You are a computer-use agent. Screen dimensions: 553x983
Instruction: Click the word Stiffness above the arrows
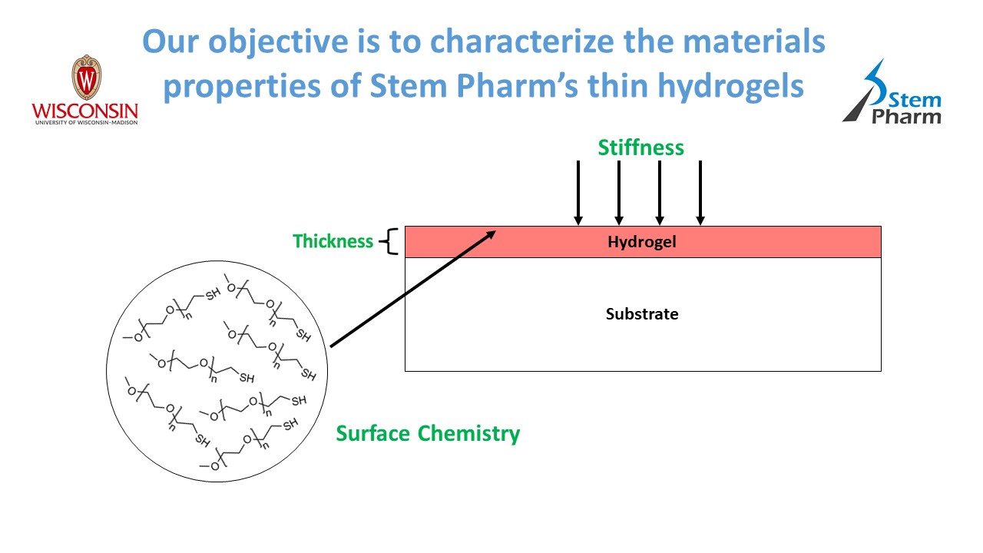pos(640,147)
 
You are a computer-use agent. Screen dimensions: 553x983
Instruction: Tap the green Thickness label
pos(333,241)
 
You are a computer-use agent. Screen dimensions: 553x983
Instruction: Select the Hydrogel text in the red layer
pos(641,242)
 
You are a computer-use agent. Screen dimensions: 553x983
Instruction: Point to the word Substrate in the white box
pos(642,313)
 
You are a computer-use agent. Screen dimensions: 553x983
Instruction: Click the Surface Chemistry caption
pos(428,433)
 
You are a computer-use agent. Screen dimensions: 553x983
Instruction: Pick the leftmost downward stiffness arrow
pos(578,192)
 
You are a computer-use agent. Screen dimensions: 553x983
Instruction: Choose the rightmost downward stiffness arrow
pos(700,192)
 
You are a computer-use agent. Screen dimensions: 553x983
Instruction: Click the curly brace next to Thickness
pos(391,241)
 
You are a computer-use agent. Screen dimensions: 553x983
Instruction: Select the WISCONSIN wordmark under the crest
pos(84,110)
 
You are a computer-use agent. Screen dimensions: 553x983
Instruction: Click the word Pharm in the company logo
pos(906,117)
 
